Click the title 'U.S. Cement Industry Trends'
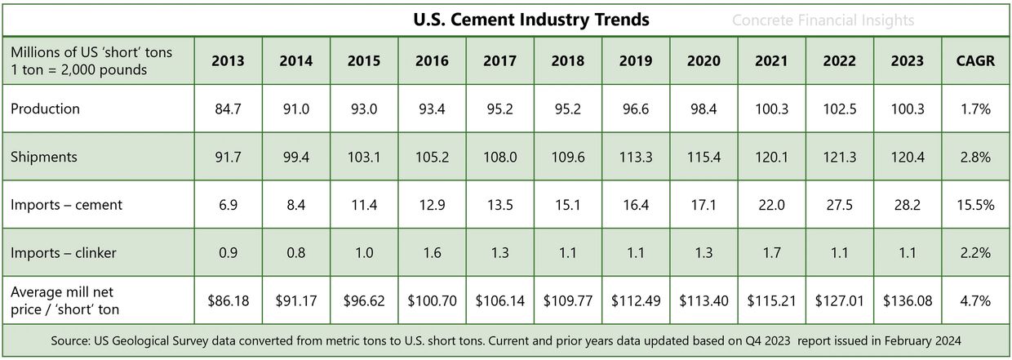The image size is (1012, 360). [x=531, y=20]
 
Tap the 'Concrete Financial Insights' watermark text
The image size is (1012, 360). [x=823, y=20]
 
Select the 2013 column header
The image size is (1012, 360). [x=228, y=61]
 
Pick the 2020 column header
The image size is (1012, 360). [x=704, y=61]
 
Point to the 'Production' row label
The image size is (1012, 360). [x=46, y=109]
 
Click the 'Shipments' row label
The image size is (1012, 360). [x=45, y=157]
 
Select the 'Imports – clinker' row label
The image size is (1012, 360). [x=63, y=253]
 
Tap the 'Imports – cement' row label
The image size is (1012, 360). [x=66, y=205]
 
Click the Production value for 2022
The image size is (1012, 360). [x=840, y=109]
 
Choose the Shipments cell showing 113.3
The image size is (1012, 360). [x=636, y=157]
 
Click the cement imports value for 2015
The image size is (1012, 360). [x=363, y=205]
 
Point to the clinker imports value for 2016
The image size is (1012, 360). [x=432, y=253]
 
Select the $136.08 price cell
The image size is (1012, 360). [x=907, y=300]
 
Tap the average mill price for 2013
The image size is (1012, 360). [x=228, y=300]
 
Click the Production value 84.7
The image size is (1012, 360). [x=228, y=109]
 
